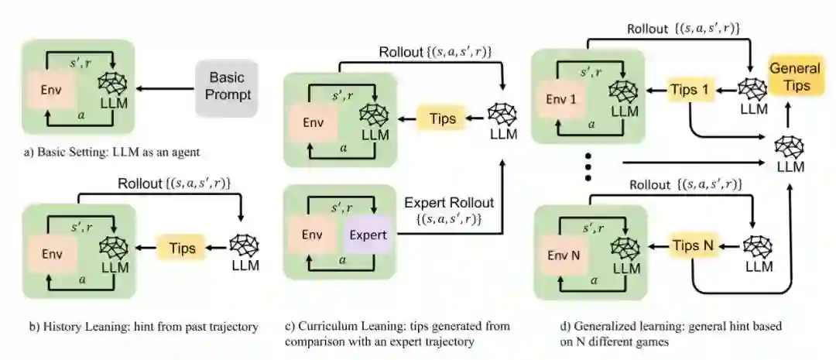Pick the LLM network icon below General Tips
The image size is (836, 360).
[789, 146]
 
